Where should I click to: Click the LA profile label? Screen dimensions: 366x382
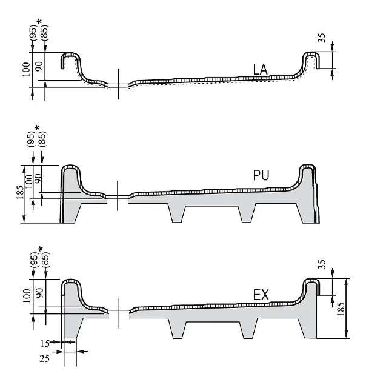261,70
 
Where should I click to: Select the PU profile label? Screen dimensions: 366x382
261,175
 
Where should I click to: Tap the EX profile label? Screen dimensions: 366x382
261,295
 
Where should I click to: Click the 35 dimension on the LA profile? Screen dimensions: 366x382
322,38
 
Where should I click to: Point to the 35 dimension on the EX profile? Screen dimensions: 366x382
322,264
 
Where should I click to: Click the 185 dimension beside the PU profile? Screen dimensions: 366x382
21,192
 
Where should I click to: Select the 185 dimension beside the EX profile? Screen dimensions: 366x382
341,309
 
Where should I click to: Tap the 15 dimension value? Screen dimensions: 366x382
45,344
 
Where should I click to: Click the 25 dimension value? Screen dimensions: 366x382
45,358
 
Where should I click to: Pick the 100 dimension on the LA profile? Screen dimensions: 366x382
27,70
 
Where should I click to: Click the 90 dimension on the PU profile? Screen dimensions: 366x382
38,179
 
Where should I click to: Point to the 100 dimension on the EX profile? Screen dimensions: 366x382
27,296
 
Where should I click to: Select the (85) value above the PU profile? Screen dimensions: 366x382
42,138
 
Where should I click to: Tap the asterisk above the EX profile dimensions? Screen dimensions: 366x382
41,249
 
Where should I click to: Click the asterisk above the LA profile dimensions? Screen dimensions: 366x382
39,22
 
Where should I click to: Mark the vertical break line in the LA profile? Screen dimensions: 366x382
119,84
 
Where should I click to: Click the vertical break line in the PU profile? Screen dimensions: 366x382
118,196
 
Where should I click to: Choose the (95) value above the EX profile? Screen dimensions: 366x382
35,260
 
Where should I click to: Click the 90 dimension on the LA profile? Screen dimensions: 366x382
39,66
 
